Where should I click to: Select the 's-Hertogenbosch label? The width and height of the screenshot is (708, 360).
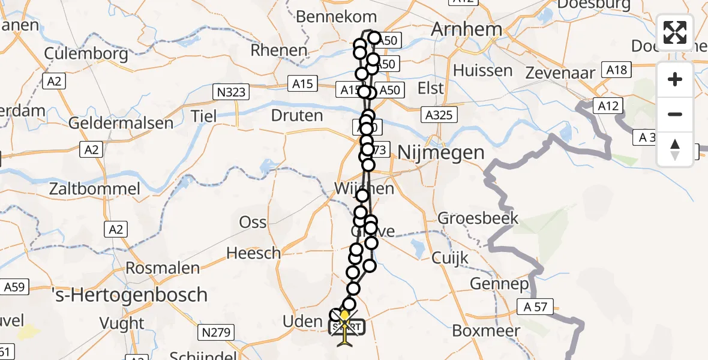[130, 295]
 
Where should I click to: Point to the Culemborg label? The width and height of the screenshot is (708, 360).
[86, 54]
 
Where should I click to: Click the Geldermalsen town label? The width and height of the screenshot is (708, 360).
[121, 124]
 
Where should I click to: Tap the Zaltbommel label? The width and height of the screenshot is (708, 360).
[104, 189]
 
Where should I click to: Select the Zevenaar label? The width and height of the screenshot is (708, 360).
[560, 73]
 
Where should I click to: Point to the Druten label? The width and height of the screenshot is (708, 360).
[297, 115]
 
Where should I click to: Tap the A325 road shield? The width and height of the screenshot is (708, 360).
[439, 115]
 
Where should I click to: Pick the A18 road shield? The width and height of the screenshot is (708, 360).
[616, 70]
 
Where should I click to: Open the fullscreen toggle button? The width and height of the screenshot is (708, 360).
[675, 32]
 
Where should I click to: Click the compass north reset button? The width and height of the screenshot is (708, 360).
[675, 149]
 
